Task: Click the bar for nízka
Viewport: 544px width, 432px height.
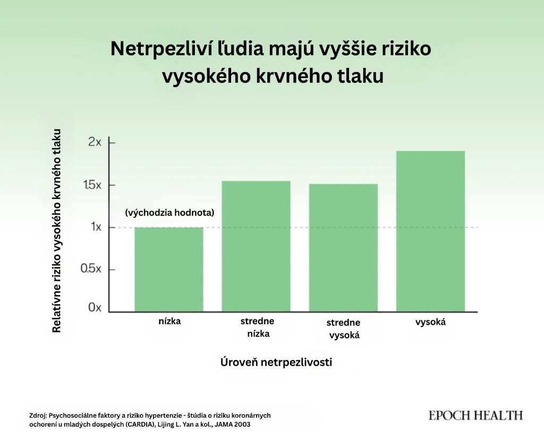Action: click(x=169, y=270)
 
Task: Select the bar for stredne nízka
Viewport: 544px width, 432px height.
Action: click(x=256, y=246)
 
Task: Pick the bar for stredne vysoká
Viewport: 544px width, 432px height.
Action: click(x=344, y=247)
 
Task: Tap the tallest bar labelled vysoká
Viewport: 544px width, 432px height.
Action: click(x=430, y=231)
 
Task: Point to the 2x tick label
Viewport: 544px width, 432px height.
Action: click(x=95, y=142)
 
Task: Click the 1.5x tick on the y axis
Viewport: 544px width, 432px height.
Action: click(x=92, y=185)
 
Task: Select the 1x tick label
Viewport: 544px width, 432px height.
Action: click(x=96, y=227)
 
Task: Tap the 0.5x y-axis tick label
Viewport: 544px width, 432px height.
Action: click(x=91, y=269)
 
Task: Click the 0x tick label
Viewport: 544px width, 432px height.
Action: click(x=95, y=307)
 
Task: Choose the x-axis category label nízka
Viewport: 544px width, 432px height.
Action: click(x=169, y=322)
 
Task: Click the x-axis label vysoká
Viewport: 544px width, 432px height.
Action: click(x=430, y=322)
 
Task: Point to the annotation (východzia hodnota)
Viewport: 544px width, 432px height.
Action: click(x=169, y=212)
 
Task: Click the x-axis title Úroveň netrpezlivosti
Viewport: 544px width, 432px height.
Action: click(x=276, y=362)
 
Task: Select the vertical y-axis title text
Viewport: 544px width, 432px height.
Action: click(x=56, y=231)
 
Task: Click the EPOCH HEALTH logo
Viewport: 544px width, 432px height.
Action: click(x=475, y=416)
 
